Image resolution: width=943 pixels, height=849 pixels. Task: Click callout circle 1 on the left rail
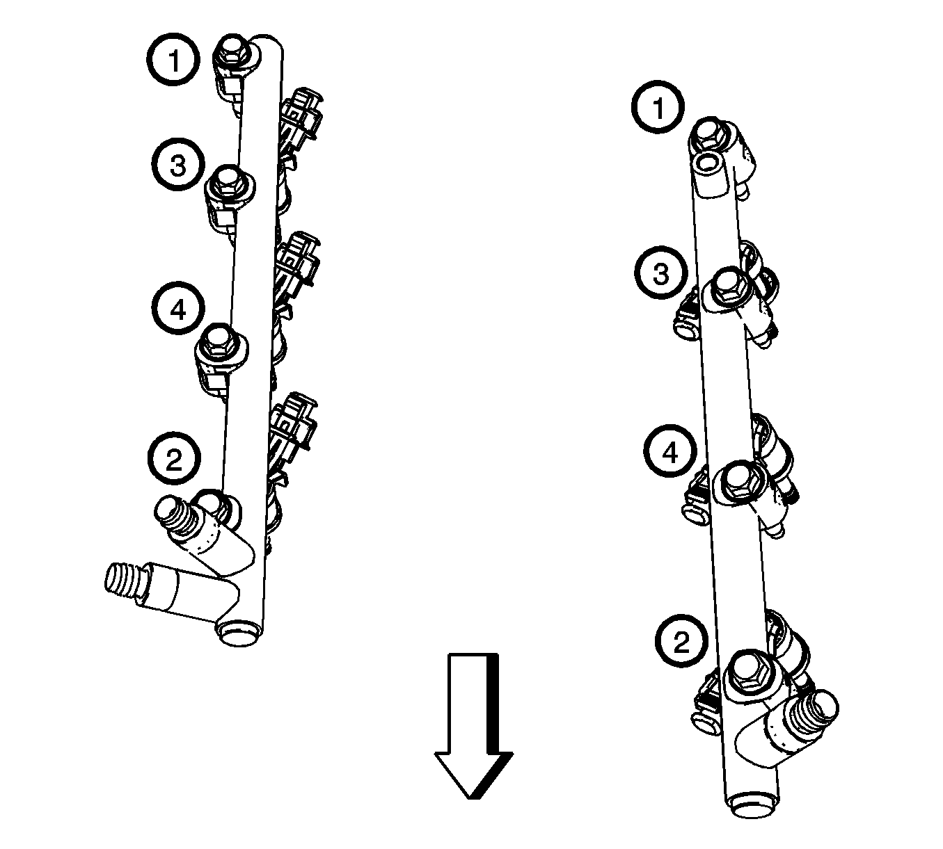[173, 60]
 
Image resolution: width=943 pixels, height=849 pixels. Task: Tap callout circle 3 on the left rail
[177, 164]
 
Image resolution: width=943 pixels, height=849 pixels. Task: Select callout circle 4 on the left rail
[178, 309]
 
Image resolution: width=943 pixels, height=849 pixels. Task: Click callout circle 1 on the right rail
[658, 108]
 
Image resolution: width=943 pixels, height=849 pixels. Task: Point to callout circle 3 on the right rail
[661, 273]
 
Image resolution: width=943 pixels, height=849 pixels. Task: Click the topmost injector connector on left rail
[302, 113]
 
